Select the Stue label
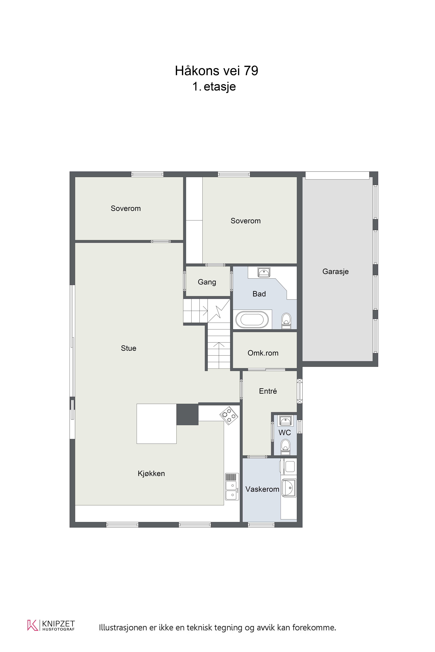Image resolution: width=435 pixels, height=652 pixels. [128, 348]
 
